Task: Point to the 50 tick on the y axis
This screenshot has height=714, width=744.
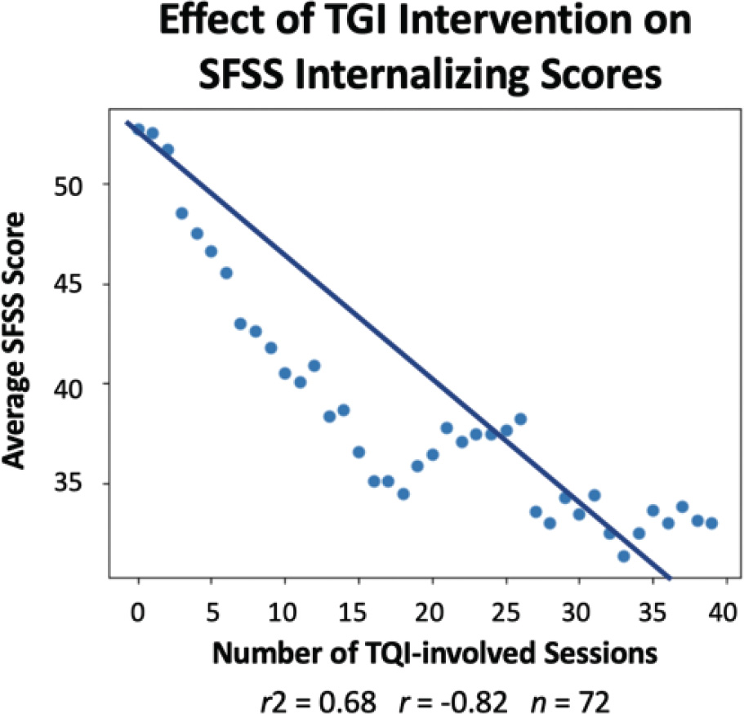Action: tap(84, 185)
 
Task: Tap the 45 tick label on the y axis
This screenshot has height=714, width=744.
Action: tap(84, 285)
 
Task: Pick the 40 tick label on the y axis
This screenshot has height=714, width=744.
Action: tap(84, 385)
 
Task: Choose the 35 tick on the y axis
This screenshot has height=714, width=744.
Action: tap(84, 484)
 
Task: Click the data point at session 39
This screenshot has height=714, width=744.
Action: tap(711, 523)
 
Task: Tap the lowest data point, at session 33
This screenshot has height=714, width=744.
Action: tap(624, 556)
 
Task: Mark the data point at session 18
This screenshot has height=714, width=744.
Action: tap(403, 493)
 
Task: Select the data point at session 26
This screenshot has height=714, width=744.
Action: tap(520, 419)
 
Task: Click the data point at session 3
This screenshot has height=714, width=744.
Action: tap(182, 213)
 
